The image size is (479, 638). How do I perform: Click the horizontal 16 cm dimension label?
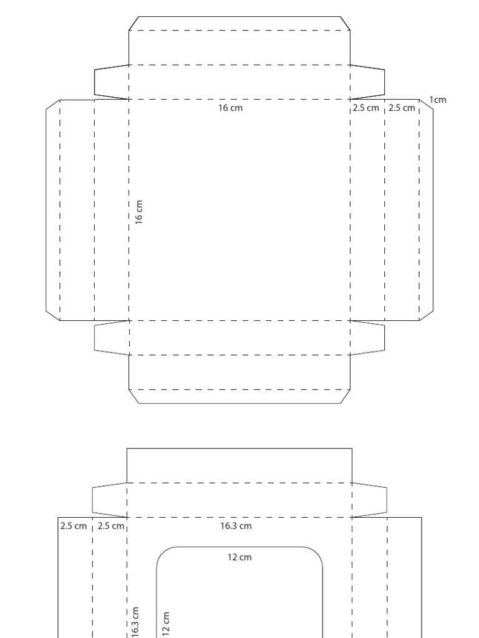coord(230,108)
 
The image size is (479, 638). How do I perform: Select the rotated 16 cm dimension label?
coord(139,212)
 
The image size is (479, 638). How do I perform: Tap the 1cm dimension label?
coord(438,100)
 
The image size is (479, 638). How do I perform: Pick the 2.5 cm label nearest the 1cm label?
coord(402,108)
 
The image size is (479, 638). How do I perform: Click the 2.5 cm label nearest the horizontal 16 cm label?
coord(365,108)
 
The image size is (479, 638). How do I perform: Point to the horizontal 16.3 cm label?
coord(236,526)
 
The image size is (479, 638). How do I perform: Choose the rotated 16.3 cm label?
coord(135,622)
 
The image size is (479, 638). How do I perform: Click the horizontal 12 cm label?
coord(240,557)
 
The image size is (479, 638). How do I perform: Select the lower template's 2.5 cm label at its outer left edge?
coord(74,526)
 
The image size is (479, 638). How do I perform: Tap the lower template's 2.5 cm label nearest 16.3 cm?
coord(111,526)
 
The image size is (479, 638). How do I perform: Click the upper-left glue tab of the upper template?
coord(112,82)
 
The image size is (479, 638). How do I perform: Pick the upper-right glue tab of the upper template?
coord(367,82)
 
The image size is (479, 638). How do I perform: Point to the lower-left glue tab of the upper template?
coord(112,337)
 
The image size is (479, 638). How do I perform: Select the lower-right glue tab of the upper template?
coord(367,337)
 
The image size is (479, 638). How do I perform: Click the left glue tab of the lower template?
coord(110,500)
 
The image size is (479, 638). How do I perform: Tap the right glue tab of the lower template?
coord(369,500)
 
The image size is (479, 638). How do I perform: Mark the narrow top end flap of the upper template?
coord(239,24)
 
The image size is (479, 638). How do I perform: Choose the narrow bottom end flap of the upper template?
coord(239,396)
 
